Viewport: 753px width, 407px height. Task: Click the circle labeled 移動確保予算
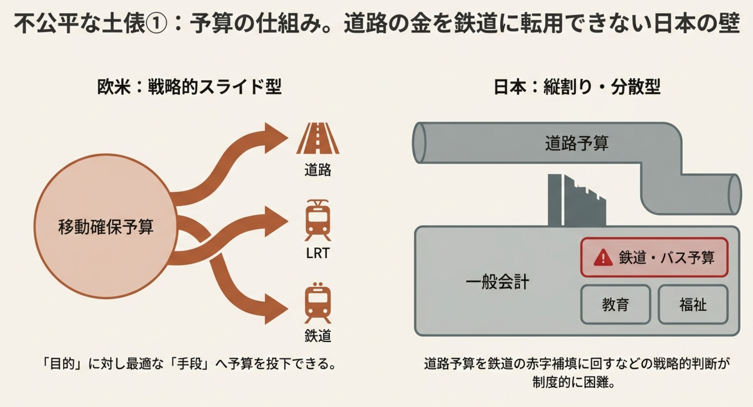106,226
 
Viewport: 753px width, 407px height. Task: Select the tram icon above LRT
318,221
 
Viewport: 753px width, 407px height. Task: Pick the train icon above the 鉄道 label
318,303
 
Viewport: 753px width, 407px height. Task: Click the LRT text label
318,253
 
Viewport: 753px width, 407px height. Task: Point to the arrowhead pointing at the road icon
275,138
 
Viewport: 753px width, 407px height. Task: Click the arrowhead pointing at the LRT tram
275,221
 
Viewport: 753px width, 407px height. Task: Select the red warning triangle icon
603,258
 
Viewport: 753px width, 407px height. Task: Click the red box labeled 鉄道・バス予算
654,257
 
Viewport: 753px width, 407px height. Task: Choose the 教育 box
615,304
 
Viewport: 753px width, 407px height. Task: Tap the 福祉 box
693,304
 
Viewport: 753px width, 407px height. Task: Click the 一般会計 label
497,282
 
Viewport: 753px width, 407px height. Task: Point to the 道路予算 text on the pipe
576,143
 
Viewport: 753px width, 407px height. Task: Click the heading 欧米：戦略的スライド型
189,87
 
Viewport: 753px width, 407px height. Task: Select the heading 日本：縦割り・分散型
577,87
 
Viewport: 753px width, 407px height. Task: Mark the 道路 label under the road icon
318,170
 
